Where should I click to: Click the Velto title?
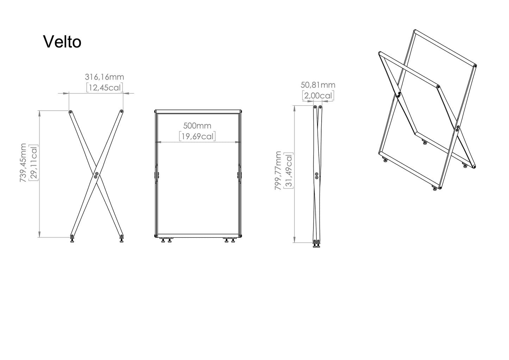(x=62, y=42)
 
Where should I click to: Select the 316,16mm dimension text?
(x=105, y=77)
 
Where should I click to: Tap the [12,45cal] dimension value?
(x=105, y=87)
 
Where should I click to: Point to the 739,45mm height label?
(x=23, y=162)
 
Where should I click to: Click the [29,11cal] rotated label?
(x=33, y=163)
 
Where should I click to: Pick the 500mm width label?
(x=197, y=126)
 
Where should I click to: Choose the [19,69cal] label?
(x=197, y=136)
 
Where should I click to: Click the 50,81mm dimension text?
(x=318, y=85)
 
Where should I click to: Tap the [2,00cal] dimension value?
(x=318, y=95)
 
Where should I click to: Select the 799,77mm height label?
(x=278, y=170)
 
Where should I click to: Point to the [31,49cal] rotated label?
(x=288, y=170)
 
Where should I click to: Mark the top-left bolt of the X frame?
(x=70, y=112)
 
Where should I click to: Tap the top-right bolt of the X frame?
(x=122, y=111)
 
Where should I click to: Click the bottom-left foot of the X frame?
(x=72, y=240)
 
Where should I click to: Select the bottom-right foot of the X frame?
(x=122, y=240)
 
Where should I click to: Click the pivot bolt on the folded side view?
(x=317, y=176)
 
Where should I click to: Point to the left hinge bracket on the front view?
(x=156, y=175)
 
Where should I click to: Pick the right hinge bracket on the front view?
(x=239, y=175)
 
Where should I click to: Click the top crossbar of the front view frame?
(x=198, y=112)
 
